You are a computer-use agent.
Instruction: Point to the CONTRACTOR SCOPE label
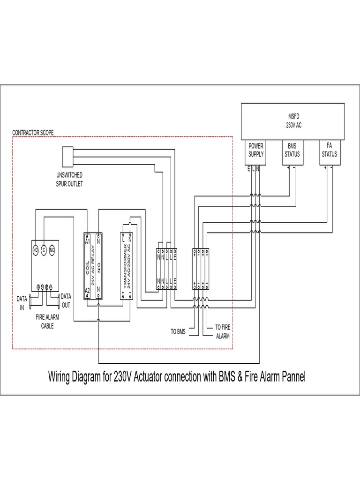pos(33,133)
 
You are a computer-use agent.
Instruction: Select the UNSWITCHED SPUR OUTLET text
pos(69,180)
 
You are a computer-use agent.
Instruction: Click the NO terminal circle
pos(35,249)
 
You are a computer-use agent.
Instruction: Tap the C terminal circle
pos(43,249)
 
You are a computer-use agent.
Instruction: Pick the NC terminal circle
pos(52,249)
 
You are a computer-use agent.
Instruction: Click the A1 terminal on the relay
pos(87,241)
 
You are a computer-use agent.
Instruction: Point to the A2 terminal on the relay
pos(87,291)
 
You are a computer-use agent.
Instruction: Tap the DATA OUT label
pos(66,300)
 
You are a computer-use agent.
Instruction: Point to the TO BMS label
pos(178,331)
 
